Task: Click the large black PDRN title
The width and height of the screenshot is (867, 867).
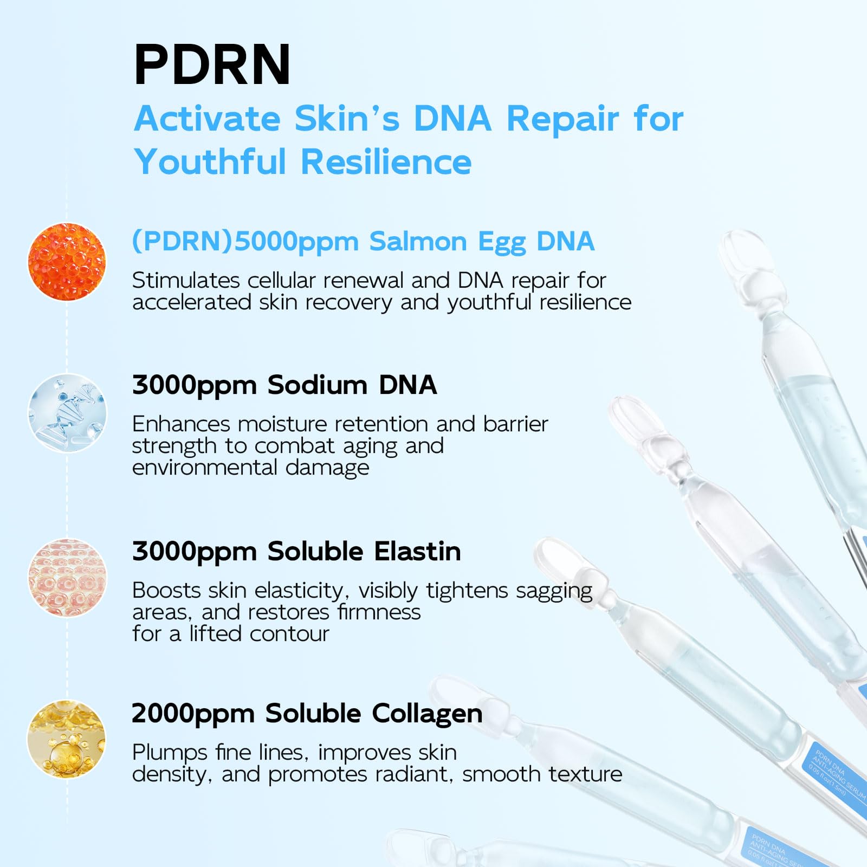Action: coord(212,65)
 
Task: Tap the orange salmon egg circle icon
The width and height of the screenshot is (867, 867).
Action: coord(67,262)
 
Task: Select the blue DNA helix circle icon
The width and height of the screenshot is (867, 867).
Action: coord(67,413)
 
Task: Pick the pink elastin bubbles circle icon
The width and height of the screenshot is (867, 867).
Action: coord(67,578)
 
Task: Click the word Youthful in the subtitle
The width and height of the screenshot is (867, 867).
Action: coord(210,162)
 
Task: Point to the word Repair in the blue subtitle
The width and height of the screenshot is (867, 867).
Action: coord(562,119)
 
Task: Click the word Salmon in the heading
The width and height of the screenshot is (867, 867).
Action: coord(418,242)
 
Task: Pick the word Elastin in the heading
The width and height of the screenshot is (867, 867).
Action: coord(418,552)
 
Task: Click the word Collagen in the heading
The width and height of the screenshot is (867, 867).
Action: coord(428,714)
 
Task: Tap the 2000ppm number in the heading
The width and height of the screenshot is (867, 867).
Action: coord(193,714)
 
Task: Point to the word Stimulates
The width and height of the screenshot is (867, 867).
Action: coord(186,281)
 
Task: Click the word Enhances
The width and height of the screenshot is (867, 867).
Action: coord(181,424)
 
